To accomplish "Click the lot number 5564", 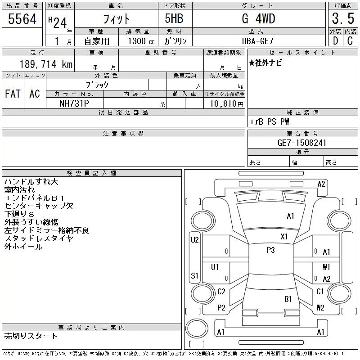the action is click(x=22, y=19).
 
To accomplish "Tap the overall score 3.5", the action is click(x=343, y=19).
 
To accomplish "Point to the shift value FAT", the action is click(x=13, y=94).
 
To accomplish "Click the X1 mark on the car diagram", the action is click(x=284, y=237).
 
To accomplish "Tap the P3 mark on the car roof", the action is click(x=270, y=250).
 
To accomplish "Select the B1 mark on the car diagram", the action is click(x=288, y=299).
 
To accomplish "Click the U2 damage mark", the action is click(x=194, y=240).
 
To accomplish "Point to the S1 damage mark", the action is click(x=194, y=275).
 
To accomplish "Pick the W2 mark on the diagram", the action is click(x=320, y=308).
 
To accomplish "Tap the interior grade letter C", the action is click(x=350, y=41).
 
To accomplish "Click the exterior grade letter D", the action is click(x=334, y=41).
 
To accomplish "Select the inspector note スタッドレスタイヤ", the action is click(x=38, y=238).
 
